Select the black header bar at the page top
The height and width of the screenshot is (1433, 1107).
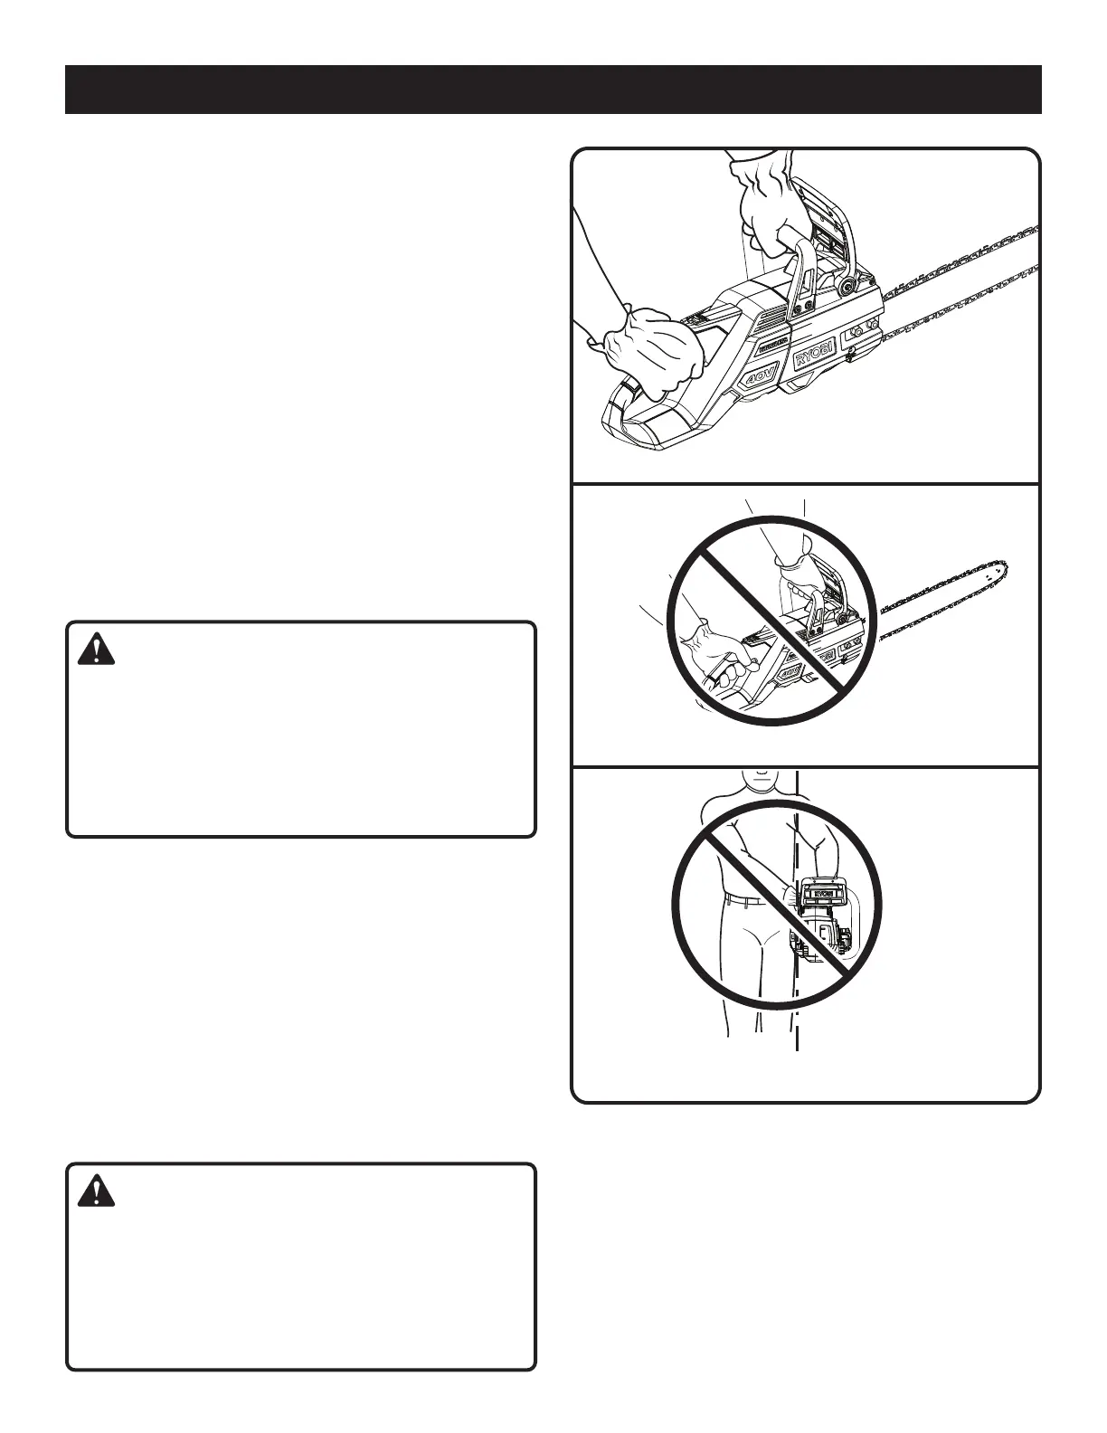[x=553, y=90]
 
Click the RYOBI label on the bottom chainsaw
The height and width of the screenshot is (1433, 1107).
[x=820, y=893]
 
